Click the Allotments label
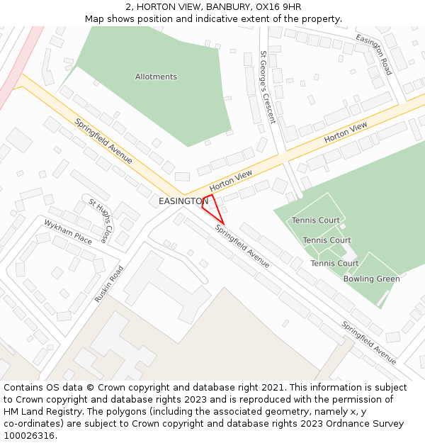click(156, 77)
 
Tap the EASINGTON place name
click(183, 201)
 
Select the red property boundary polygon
click(212, 207)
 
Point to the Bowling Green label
click(371, 279)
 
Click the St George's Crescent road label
click(266, 87)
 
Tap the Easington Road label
click(373, 55)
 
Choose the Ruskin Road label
click(109, 284)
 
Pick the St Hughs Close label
click(99, 220)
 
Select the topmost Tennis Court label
click(316, 220)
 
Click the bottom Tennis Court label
click(334, 263)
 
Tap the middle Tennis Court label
click(327, 240)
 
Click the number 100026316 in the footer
click(29, 435)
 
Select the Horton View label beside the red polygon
click(231, 181)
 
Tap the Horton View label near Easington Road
click(346, 133)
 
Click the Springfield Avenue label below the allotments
click(103, 136)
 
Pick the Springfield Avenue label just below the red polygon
click(242, 246)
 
